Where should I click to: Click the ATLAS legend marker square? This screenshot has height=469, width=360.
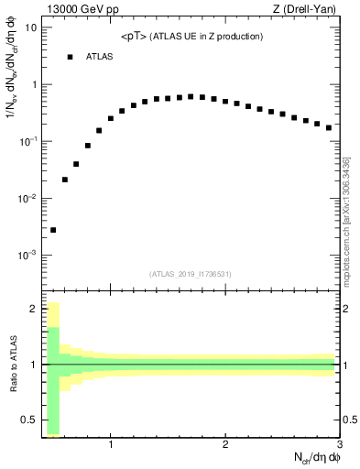coord(70,57)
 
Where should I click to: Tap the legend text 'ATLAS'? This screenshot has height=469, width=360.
coord(100,57)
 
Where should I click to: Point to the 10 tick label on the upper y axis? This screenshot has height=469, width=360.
coord(31,27)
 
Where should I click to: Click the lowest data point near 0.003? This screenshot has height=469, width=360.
coord(53,230)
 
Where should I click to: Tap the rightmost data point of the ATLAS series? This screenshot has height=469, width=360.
coord(329,127)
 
